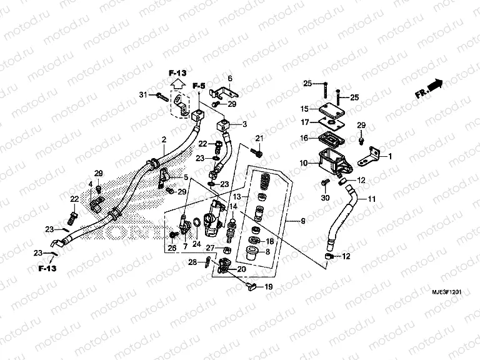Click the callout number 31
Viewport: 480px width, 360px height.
[142, 94]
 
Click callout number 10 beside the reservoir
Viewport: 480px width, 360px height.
[303, 163]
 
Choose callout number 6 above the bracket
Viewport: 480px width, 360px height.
[229, 78]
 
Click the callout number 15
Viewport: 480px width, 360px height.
[304, 108]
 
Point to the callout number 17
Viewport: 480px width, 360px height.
[304, 122]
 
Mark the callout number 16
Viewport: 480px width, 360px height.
[304, 138]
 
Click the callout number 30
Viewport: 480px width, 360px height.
[324, 199]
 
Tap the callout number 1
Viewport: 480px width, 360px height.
[391, 157]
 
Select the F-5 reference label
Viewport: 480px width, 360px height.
[199, 86]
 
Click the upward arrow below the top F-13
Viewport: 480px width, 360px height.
[177, 81]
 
